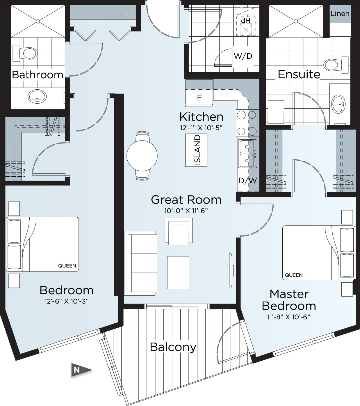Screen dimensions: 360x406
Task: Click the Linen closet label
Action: (340, 14)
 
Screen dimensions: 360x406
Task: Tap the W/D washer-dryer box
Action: (243, 57)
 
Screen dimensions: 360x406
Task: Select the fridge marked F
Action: (199, 97)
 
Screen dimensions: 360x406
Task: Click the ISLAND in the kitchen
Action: (196, 150)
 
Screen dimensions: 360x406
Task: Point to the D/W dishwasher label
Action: (248, 180)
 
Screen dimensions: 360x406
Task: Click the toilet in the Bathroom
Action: (25, 53)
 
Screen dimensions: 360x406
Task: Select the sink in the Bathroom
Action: (37, 96)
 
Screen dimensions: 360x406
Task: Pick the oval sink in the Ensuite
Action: (338, 104)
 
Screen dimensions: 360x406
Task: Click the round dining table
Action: (142, 156)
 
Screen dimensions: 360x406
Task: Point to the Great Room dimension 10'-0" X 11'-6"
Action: (186, 211)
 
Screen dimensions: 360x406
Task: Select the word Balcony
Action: (173, 347)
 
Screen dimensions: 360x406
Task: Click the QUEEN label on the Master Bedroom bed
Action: (294, 275)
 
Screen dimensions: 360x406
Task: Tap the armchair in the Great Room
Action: (179, 231)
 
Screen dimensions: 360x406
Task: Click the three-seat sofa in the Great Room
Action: (140, 263)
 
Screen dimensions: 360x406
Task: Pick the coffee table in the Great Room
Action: (178, 272)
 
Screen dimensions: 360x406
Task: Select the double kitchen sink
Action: (247, 153)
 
